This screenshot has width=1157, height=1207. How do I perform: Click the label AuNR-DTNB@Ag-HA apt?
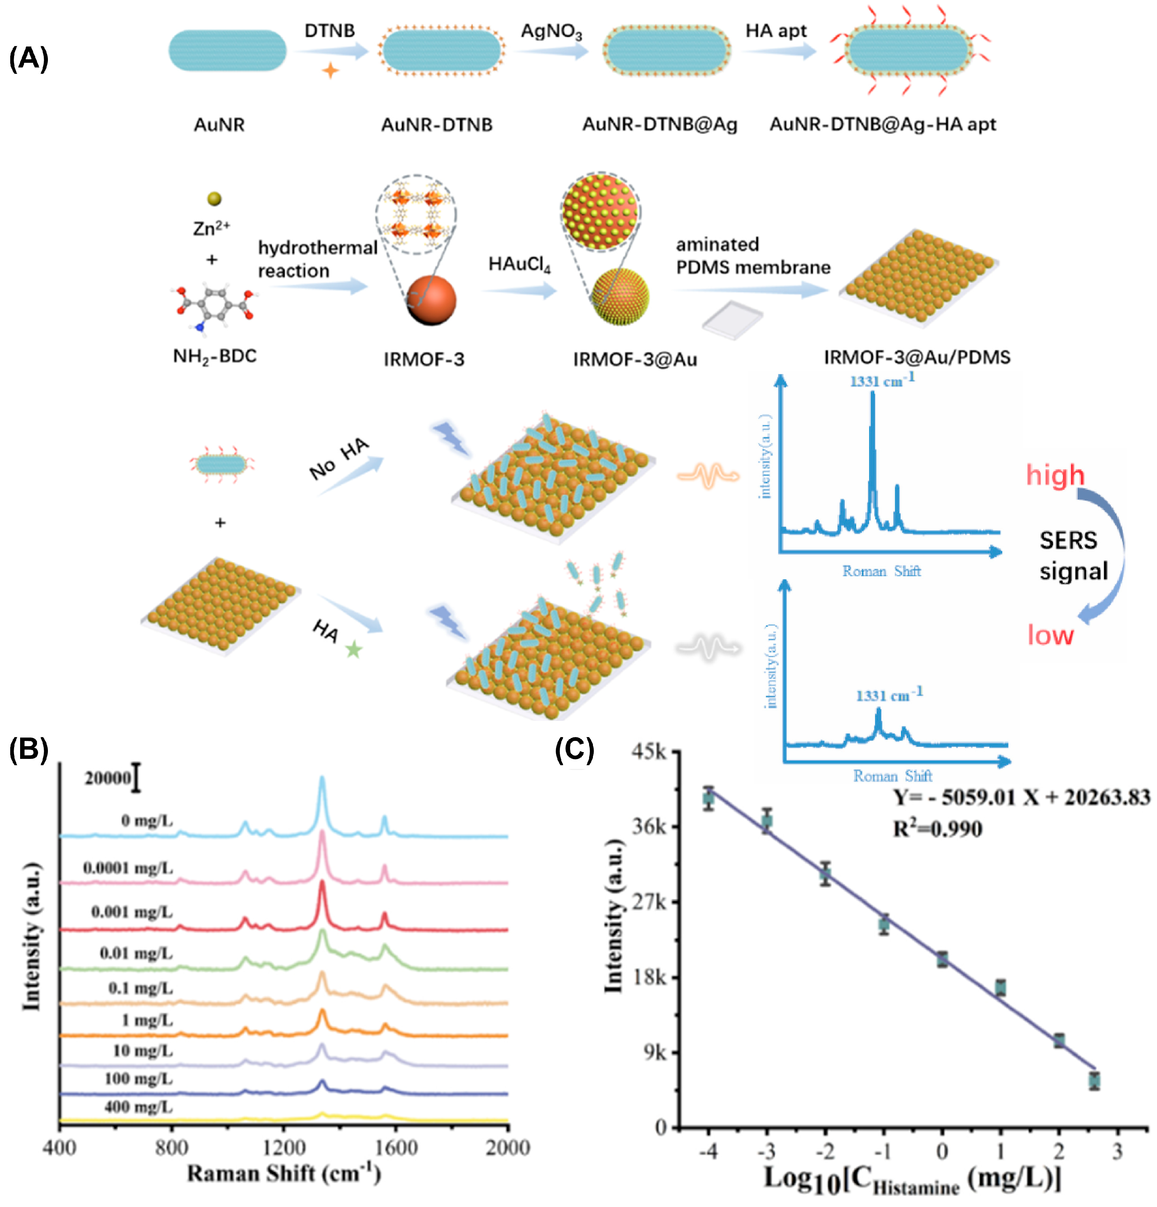click(882, 124)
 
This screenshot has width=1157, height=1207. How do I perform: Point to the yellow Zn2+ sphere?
click(214, 198)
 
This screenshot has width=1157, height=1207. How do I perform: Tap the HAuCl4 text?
click(519, 264)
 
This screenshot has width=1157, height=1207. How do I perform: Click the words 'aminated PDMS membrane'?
click(753, 255)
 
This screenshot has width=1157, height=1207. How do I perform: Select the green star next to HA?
click(353, 649)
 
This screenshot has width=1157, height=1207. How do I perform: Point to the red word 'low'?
click(1050, 635)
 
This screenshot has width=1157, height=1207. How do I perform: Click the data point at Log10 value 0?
click(941, 959)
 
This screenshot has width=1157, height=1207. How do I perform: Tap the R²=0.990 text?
click(937, 829)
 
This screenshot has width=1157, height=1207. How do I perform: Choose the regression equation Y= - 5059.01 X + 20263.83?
click(1021, 798)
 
